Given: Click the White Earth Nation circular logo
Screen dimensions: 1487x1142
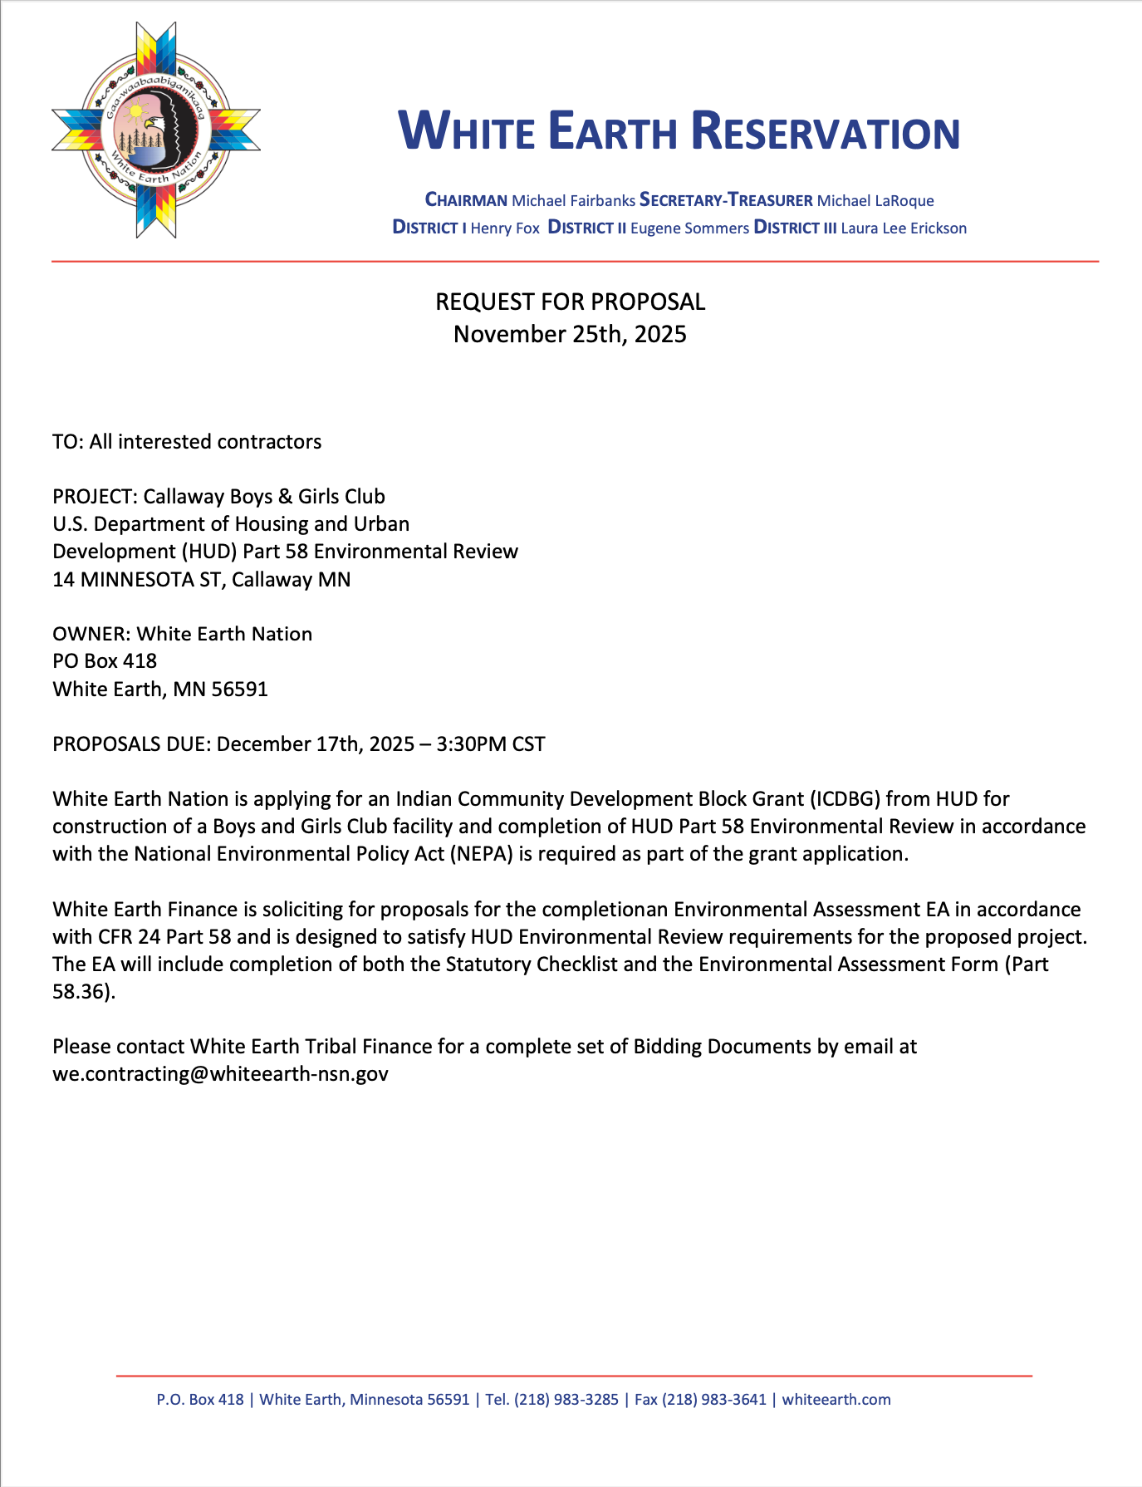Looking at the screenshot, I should (156, 130).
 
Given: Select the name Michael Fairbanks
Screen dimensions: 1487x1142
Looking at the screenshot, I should (573, 200).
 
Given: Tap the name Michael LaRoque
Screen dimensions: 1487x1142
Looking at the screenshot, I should (875, 200).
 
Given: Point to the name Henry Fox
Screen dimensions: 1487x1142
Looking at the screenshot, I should (505, 228).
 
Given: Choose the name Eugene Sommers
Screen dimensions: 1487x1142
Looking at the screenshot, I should (689, 228).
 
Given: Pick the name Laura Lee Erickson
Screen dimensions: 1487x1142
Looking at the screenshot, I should (904, 228).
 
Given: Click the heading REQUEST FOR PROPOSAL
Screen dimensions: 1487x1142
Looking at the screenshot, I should (571, 302).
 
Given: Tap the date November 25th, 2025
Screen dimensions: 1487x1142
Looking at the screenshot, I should (571, 334).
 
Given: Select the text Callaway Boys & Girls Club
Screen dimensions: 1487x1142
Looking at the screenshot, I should (264, 496).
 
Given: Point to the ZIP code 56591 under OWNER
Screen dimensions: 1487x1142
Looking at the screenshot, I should (240, 689).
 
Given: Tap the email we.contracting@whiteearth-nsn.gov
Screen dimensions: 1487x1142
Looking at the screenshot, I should (220, 1073).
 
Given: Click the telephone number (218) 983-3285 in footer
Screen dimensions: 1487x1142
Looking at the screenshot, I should (566, 1399).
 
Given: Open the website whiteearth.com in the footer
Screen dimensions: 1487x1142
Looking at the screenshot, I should (836, 1399).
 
